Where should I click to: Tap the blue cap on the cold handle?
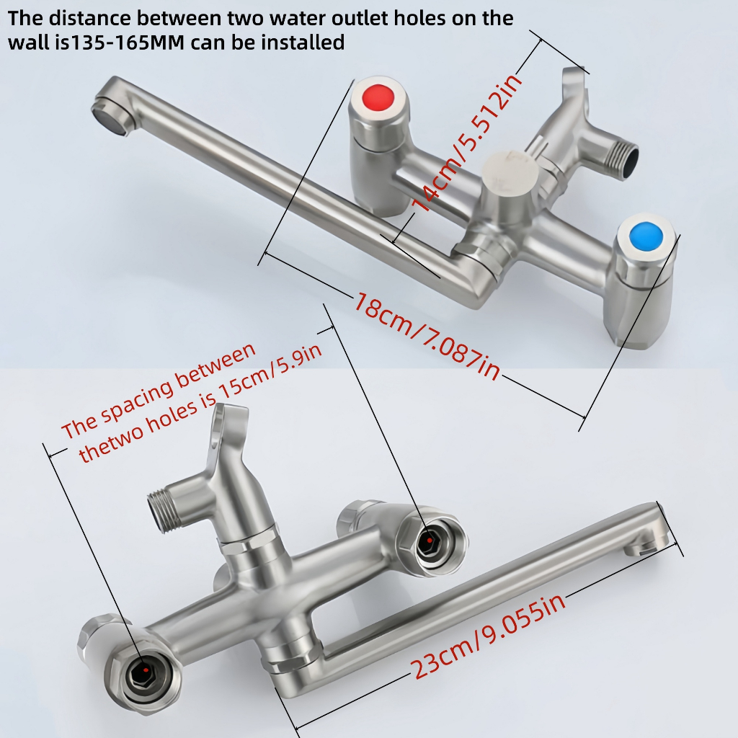646,237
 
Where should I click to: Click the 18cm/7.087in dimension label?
427,336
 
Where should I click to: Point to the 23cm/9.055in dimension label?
488,636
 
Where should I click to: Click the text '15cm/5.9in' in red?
271,374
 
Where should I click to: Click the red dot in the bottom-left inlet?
146,670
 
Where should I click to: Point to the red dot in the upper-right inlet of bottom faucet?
430,541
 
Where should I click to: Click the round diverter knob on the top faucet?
511,167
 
